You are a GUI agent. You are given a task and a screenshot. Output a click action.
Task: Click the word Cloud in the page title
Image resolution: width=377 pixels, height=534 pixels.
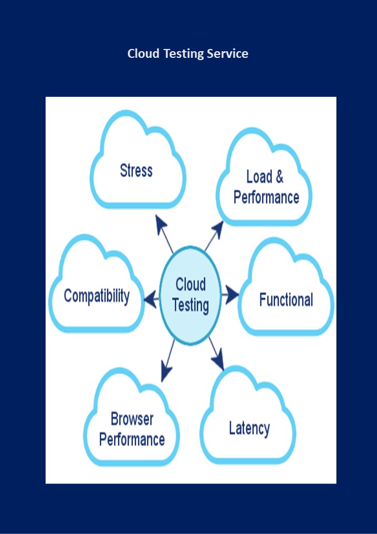pos(143,54)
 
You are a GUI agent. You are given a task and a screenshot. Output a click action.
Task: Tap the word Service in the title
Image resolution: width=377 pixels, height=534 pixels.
pos(227,54)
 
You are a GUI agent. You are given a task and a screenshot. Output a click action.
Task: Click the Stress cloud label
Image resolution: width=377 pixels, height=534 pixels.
pos(136,170)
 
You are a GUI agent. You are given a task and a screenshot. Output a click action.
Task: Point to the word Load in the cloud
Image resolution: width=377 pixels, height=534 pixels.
pos(259,177)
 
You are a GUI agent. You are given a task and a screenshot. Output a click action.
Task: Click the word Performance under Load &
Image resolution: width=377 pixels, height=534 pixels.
pos(266,197)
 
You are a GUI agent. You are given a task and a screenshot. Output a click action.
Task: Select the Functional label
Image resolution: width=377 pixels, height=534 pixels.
pos(286,300)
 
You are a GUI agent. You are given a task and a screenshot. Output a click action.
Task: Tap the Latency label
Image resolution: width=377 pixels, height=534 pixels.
pos(249,428)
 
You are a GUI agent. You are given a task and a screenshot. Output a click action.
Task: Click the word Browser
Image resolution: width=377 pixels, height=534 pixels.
pos(132,419)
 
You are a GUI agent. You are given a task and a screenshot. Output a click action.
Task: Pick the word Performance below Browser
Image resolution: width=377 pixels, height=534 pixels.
pos(132,439)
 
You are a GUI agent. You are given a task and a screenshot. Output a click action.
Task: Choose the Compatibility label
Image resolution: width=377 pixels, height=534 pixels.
pos(97,296)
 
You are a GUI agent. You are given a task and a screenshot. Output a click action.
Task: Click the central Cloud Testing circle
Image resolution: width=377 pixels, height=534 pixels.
pos(190,295)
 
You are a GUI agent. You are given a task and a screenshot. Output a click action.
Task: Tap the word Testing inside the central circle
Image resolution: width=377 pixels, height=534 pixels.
pos(191,305)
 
